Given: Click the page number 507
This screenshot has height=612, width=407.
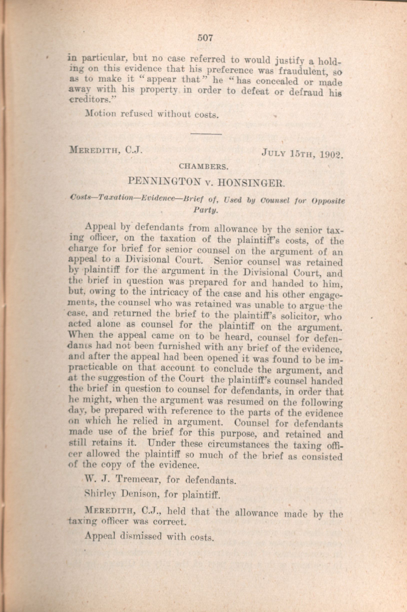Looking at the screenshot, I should [x=205, y=38].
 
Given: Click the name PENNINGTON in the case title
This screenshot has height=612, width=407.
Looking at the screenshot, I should [x=165, y=181].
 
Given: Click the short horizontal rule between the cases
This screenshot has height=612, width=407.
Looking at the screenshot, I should [x=206, y=134].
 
